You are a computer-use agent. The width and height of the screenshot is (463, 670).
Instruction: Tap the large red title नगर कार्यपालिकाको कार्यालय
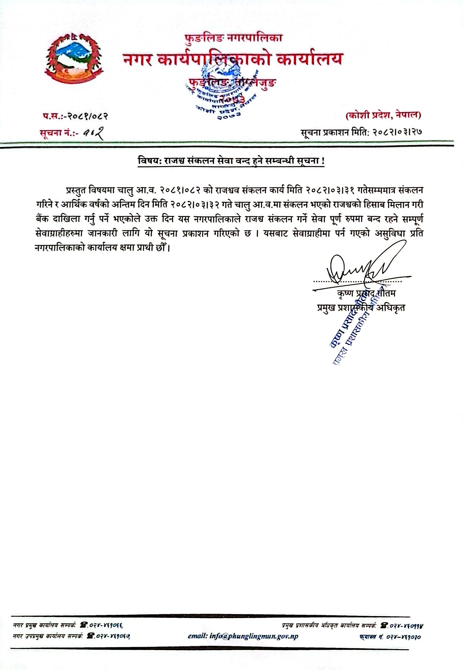click(233, 59)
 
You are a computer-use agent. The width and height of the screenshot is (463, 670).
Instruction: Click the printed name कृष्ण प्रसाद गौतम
click(366, 293)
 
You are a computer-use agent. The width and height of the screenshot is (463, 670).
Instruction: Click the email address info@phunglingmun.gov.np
click(243, 636)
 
